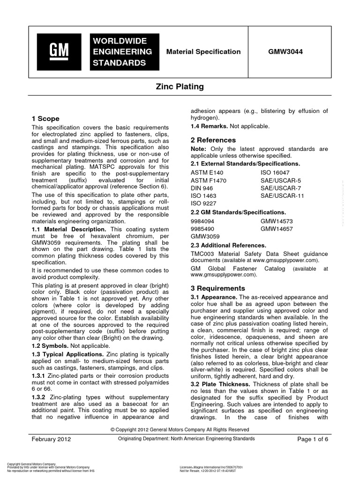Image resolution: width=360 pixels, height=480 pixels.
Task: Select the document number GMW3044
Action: coord(282,52)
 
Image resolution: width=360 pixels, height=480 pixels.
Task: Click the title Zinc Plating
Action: coord(180,87)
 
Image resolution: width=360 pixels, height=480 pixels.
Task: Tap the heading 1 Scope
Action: coord(45,119)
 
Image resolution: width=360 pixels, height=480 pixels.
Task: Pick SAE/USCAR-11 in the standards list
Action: coord(282,195)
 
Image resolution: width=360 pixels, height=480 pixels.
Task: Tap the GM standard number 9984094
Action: coord(203,221)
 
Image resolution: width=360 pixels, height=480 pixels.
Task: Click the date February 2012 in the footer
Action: coord(52,439)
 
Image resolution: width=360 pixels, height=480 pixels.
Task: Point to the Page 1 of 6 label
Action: coord(313,439)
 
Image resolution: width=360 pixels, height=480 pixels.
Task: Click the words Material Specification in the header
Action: coord(203,52)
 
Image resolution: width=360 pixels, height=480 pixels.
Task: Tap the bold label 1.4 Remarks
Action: coord(209,127)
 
